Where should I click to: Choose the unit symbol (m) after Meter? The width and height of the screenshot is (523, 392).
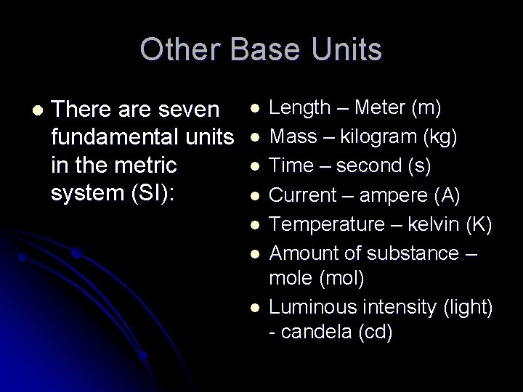click(x=425, y=108)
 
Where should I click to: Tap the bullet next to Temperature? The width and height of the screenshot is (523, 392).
click(x=254, y=225)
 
